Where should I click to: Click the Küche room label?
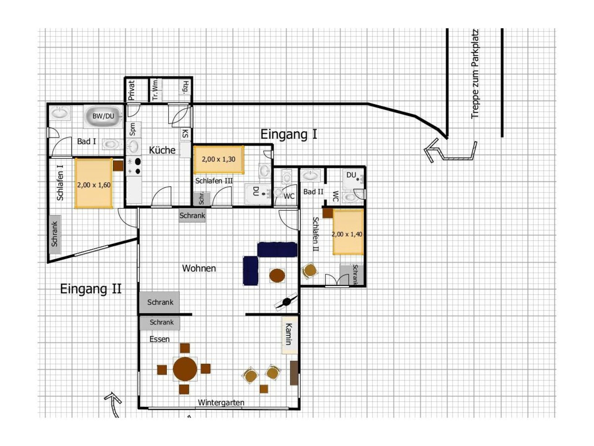(162, 150)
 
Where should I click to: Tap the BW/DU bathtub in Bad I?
(103, 116)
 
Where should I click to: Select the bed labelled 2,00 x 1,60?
(94, 183)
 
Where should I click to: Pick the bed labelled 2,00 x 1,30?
(219, 160)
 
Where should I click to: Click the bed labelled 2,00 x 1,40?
(348, 232)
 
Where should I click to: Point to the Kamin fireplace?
(290, 334)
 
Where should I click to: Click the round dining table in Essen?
(185, 369)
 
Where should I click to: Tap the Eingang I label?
(289, 134)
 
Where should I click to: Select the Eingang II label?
(91, 289)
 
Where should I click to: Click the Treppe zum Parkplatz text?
(475, 74)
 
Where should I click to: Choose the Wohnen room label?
(199, 268)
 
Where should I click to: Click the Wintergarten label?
(221, 403)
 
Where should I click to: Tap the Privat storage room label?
(131, 90)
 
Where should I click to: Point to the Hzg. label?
(186, 87)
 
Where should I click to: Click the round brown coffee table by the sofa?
(277, 275)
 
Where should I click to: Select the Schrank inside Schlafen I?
(55, 234)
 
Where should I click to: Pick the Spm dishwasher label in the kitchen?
(132, 129)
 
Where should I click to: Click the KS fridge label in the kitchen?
(185, 134)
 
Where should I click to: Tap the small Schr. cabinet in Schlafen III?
(202, 199)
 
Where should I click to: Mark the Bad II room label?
(313, 192)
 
